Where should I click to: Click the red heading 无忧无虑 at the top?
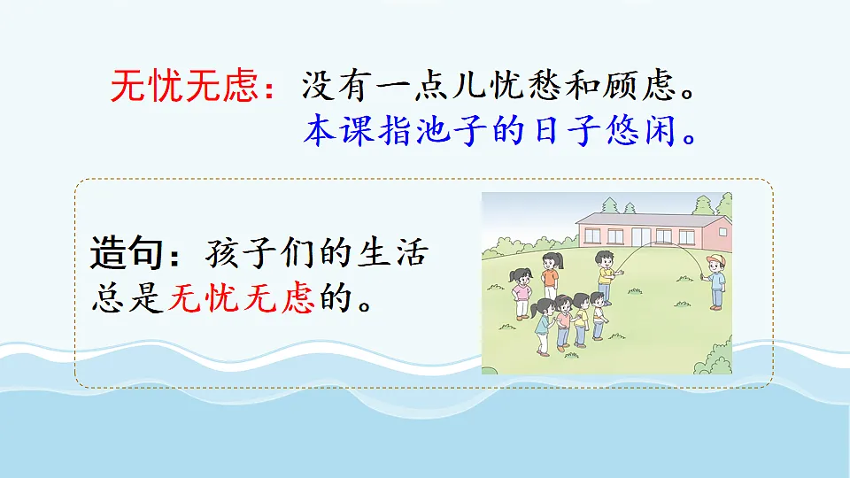(x=184, y=86)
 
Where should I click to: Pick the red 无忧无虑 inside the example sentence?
(x=241, y=298)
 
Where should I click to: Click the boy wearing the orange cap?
(x=714, y=281)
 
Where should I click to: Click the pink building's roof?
(x=651, y=217)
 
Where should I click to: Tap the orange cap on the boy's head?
(x=715, y=258)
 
